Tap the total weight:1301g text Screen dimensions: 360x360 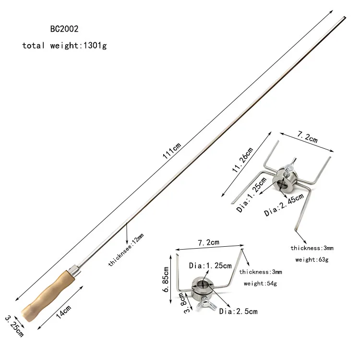(x=65, y=46)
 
